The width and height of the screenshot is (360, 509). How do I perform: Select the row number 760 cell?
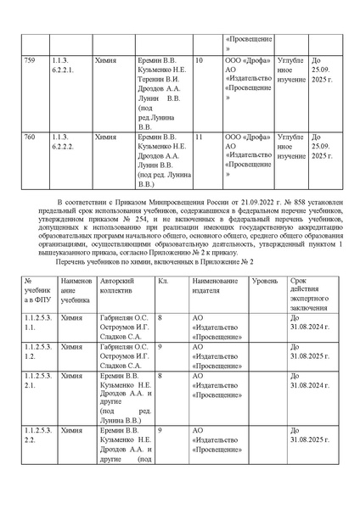[x=31, y=136]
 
